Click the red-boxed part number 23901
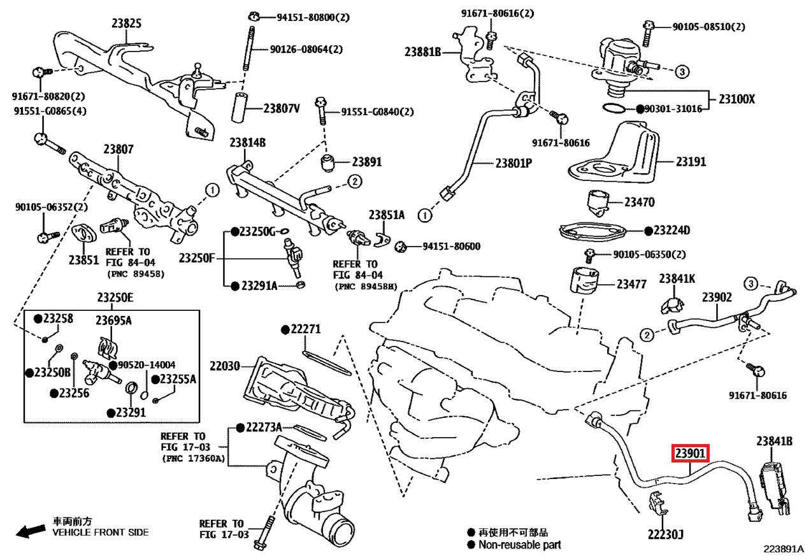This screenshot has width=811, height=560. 691,454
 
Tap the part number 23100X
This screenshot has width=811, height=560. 737,99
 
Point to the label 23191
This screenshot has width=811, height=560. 691,162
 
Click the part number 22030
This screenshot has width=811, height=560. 225,366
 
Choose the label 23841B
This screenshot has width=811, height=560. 774,441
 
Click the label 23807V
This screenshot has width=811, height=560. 281,108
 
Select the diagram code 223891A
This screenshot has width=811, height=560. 785,549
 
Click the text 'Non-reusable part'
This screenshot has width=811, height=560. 519,545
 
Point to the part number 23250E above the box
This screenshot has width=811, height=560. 115,298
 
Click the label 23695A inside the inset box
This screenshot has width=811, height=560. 113,320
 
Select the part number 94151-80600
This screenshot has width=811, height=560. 446,247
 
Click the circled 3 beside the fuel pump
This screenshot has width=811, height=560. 680,71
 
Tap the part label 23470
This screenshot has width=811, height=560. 639,203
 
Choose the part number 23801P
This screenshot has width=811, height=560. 513,162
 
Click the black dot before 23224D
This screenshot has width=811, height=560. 648,230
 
